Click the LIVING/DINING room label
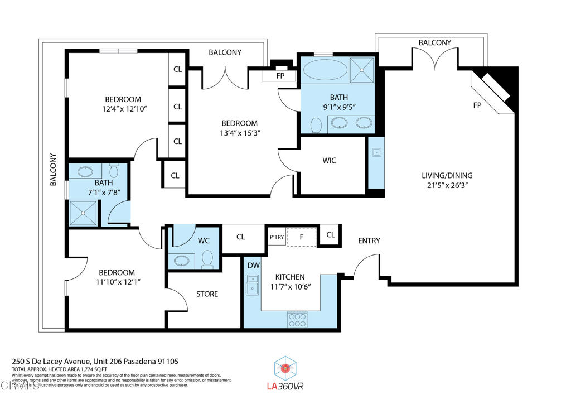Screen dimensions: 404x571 tap(447, 175)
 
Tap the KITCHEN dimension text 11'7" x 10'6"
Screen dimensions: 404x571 tap(290, 287)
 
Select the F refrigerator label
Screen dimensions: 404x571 tap(301, 236)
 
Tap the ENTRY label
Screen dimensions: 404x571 tap(369, 241)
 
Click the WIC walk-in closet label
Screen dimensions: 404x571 tap(329, 161)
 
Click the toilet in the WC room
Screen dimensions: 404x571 tap(207, 259)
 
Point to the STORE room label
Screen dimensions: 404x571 tap(207, 294)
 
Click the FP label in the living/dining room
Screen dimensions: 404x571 tap(477, 105)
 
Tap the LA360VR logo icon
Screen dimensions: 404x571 tap(285, 368)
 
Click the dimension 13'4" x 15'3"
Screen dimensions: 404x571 tap(239, 133)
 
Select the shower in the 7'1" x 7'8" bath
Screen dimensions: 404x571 tap(82, 212)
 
